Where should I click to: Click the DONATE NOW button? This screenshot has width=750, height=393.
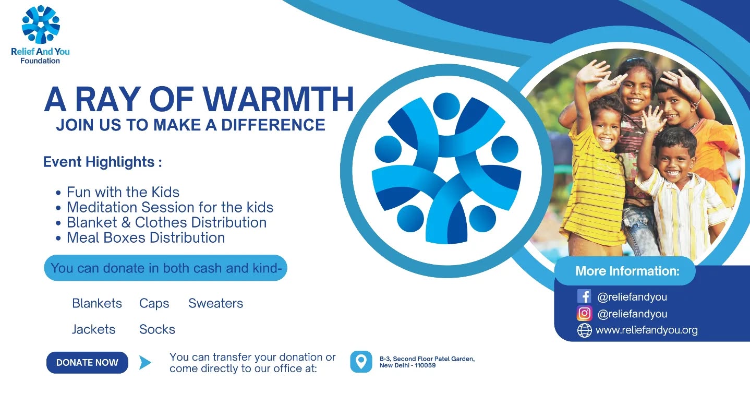(x=87, y=363)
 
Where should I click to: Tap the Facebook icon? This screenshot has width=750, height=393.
(x=584, y=296)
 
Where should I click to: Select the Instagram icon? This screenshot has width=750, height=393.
(x=584, y=314)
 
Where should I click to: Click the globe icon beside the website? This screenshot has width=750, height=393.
(x=584, y=330)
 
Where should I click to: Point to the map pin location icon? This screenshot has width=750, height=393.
(x=361, y=362)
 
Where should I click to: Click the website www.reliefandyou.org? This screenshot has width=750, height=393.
(x=647, y=330)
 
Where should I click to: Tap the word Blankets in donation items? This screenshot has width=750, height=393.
(x=97, y=303)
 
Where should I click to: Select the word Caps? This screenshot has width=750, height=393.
(x=154, y=304)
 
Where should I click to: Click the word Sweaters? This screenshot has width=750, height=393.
(x=215, y=303)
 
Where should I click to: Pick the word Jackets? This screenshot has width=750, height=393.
(x=93, y=329)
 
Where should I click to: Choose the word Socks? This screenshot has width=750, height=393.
(x=157, y=329)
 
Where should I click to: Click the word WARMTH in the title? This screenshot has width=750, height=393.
(x=278, y=99)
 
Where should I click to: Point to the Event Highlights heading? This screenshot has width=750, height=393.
(x=102, y=162)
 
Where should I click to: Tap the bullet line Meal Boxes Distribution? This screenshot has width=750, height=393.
(x=146, y=237)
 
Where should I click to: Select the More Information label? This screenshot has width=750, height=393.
(x=627, y=271)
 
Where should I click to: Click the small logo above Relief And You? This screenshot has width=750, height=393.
(x=41, y=25)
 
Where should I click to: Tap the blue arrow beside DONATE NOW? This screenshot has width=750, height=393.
(x=145, y=363)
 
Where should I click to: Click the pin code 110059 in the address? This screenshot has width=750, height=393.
(x=425, y=365)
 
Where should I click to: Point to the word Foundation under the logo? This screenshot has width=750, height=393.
(x=40, y=61)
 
